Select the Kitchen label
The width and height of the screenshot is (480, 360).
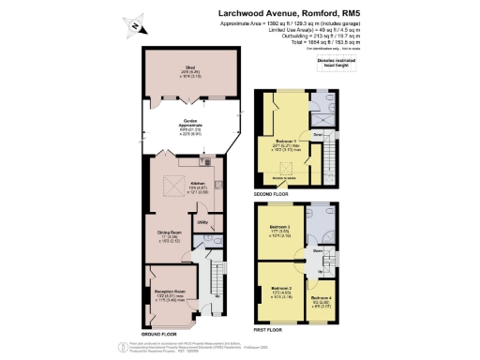coord(198,183)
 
